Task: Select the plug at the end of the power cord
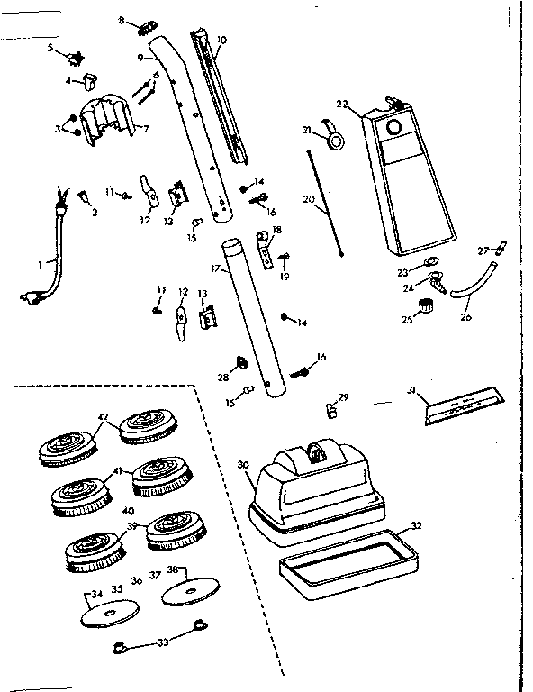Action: pos(28,296)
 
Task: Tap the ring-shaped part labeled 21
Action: pos(336,141)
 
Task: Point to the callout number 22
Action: pos(341,104)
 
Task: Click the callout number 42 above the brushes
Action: pos(104,416)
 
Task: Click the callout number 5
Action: pos(50,46)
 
